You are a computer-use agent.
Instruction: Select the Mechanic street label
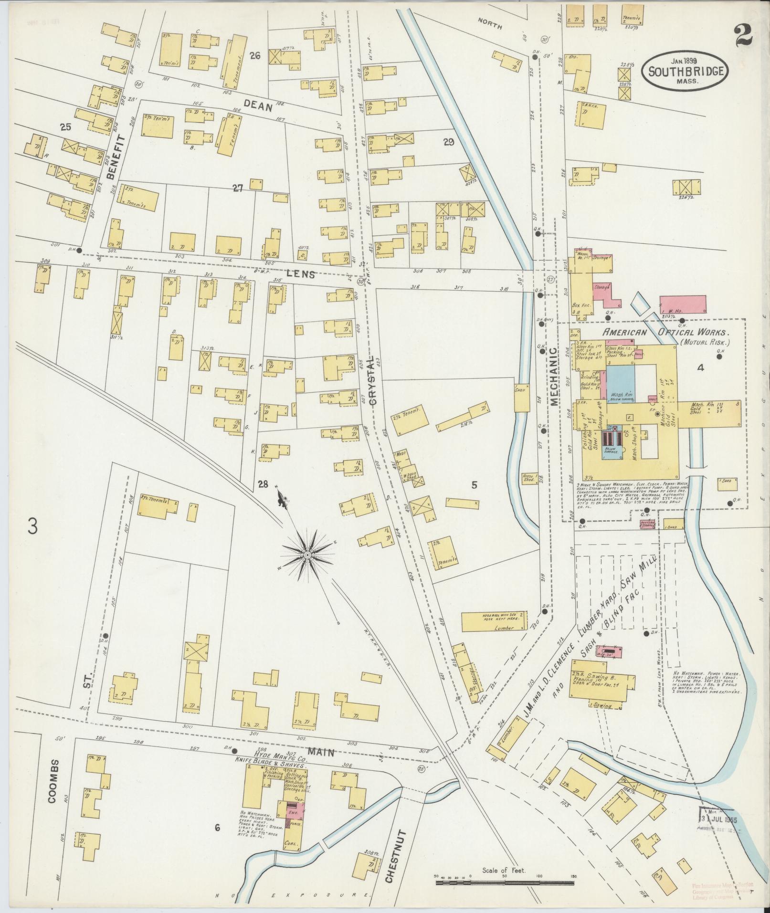554,377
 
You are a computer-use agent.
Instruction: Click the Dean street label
258,106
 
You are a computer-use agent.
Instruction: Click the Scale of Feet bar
506,882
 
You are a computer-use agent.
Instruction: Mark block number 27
238,189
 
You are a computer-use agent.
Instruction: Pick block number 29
448,142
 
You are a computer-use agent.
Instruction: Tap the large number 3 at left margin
32,526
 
